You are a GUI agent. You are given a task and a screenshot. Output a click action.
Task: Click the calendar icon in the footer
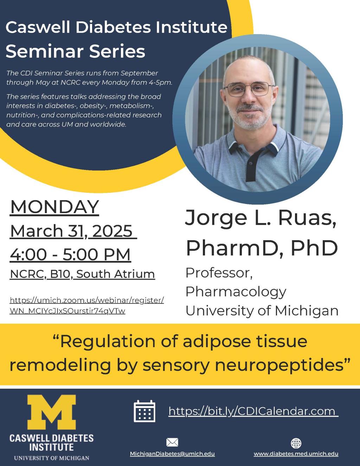[x=144, y=411]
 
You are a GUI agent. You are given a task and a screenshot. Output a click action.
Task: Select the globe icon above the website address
[x=296, y=443]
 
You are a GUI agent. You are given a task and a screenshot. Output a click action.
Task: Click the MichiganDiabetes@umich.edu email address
[x=172, y=454]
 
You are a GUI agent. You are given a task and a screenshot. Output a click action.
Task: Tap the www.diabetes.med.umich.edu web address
[x=296, y=454]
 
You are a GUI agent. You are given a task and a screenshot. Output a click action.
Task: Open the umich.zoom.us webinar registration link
[x=86, y=306]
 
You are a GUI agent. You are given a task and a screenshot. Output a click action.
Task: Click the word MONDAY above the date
[x=54, y=207]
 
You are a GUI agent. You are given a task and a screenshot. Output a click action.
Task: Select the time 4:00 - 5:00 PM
[x=70, y=254]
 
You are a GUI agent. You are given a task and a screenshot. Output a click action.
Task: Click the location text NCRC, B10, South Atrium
[x=82, y=274]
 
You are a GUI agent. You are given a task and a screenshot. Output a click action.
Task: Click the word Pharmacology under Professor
[x=236, y=292]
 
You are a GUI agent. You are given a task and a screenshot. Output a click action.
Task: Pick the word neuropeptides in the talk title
[x=279, y=365]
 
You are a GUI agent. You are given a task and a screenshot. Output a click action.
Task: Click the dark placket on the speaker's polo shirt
[x=251, y=162]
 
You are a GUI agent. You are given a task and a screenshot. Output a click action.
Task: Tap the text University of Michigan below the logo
[x=52, y=458]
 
